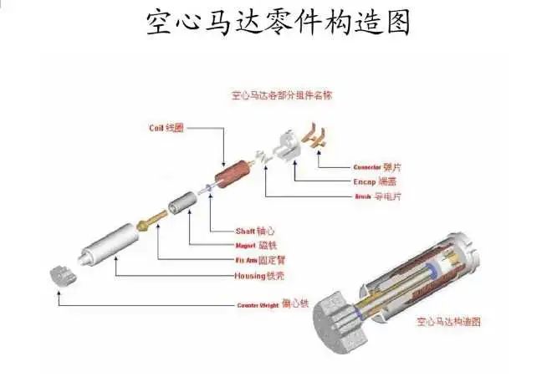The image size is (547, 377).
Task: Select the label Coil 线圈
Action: coord(166,128)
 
